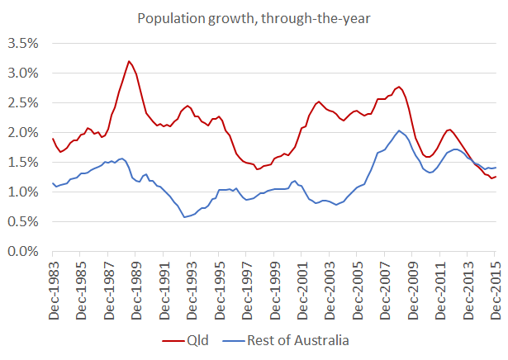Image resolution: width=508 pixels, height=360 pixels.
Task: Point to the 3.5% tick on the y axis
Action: (x=21, y=43)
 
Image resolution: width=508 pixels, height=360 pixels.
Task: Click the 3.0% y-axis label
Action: (x=21, y=73)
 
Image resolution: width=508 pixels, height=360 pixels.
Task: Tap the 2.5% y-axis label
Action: (x=21, y=102)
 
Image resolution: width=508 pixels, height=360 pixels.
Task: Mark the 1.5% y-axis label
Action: (x=21, y=162)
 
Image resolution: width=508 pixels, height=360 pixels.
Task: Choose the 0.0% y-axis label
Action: (x=21, y=251)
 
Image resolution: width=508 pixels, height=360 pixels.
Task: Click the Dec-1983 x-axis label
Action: (x=53, y=289)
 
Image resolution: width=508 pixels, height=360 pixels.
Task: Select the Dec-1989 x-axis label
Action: (x=135, y=289)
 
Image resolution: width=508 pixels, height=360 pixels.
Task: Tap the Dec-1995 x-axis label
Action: (x=219, y=289)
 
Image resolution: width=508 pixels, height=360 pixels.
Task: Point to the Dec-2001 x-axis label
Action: (x=301, y=289)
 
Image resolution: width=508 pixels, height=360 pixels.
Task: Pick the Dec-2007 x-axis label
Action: (x=385, y=289)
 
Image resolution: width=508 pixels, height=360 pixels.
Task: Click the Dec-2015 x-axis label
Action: (x=495, y=289)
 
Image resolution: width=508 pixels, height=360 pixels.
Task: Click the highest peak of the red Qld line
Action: (x=129, y=61)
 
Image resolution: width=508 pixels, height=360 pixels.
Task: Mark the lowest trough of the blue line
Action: (x=184, y=217)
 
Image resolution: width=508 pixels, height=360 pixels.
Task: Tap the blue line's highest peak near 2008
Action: (x=399, y=130)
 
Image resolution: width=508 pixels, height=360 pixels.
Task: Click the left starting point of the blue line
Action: (x=53, y=183)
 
